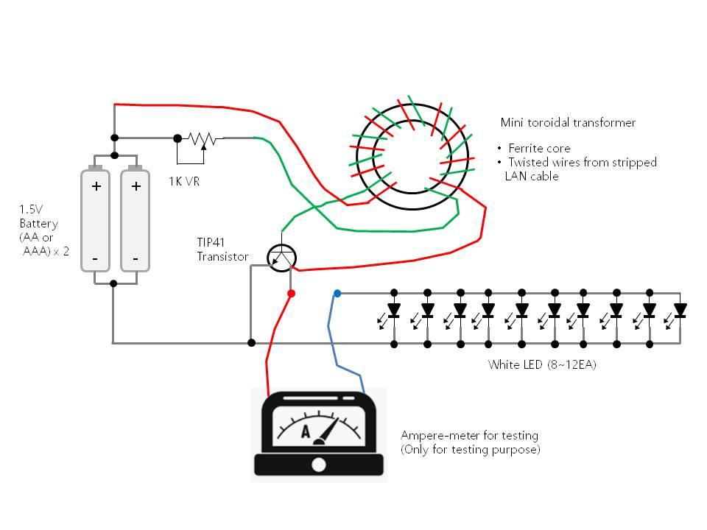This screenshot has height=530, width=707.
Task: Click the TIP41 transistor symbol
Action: click(281, 257)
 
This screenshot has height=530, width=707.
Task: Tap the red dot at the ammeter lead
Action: click(291, 294)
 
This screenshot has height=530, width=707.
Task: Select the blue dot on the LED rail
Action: click(337, 293)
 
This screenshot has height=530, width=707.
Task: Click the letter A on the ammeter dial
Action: click(306, 431)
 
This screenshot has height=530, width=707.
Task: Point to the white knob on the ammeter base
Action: click(319, 464)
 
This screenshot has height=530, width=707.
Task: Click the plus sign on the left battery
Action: click(96, 186)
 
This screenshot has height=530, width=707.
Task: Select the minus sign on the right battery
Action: click(136, 259)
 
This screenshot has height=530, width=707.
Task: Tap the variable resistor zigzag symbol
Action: click(201, 138)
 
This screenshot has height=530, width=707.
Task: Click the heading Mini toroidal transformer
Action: click(567, 123)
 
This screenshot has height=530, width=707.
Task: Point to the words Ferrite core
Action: click(539, 148)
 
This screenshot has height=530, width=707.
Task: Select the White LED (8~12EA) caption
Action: click(542, 364)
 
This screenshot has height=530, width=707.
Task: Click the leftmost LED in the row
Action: click(393, 309)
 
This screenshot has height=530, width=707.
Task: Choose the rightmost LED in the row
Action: click(680, 309)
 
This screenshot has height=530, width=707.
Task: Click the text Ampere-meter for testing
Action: click(469, 436)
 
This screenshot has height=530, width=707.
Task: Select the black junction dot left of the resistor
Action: click(177, 138)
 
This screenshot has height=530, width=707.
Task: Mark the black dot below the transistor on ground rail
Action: click(251, 342)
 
